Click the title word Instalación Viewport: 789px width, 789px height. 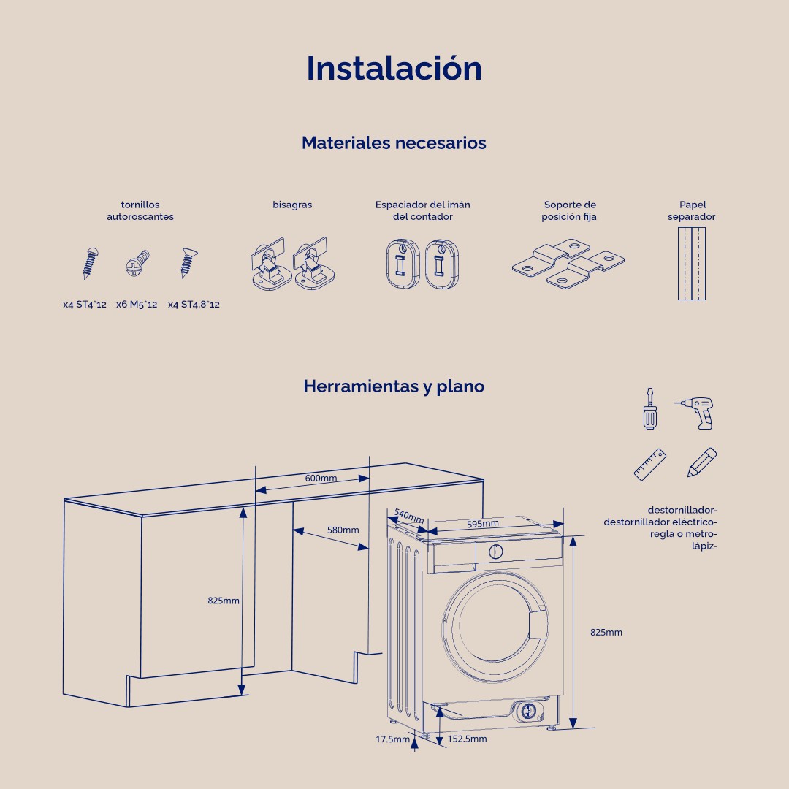(x=394, y=68)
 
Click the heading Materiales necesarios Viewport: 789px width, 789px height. (x=394, y=143)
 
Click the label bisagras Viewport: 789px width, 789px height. (x=292, y=205)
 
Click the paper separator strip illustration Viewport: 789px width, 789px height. (x=691, y=264)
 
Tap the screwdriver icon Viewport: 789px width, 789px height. (x=648, y=408)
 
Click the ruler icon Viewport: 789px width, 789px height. (x=650, y=464)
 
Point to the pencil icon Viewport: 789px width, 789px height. (x=701, y=463)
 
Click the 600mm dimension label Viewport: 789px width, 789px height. (x=321, y=478)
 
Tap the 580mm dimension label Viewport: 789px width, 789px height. (x=343, y=530)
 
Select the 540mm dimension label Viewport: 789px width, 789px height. (x=408, y=516)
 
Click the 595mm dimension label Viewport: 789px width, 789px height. (x=483, y=523)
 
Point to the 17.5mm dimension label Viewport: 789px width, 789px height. (x=393, y=739)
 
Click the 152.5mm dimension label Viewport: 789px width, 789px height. (x=467, y=739)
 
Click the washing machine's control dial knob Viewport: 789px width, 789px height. (x=495, y=552)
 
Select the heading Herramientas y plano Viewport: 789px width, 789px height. (x=394, y=386)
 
